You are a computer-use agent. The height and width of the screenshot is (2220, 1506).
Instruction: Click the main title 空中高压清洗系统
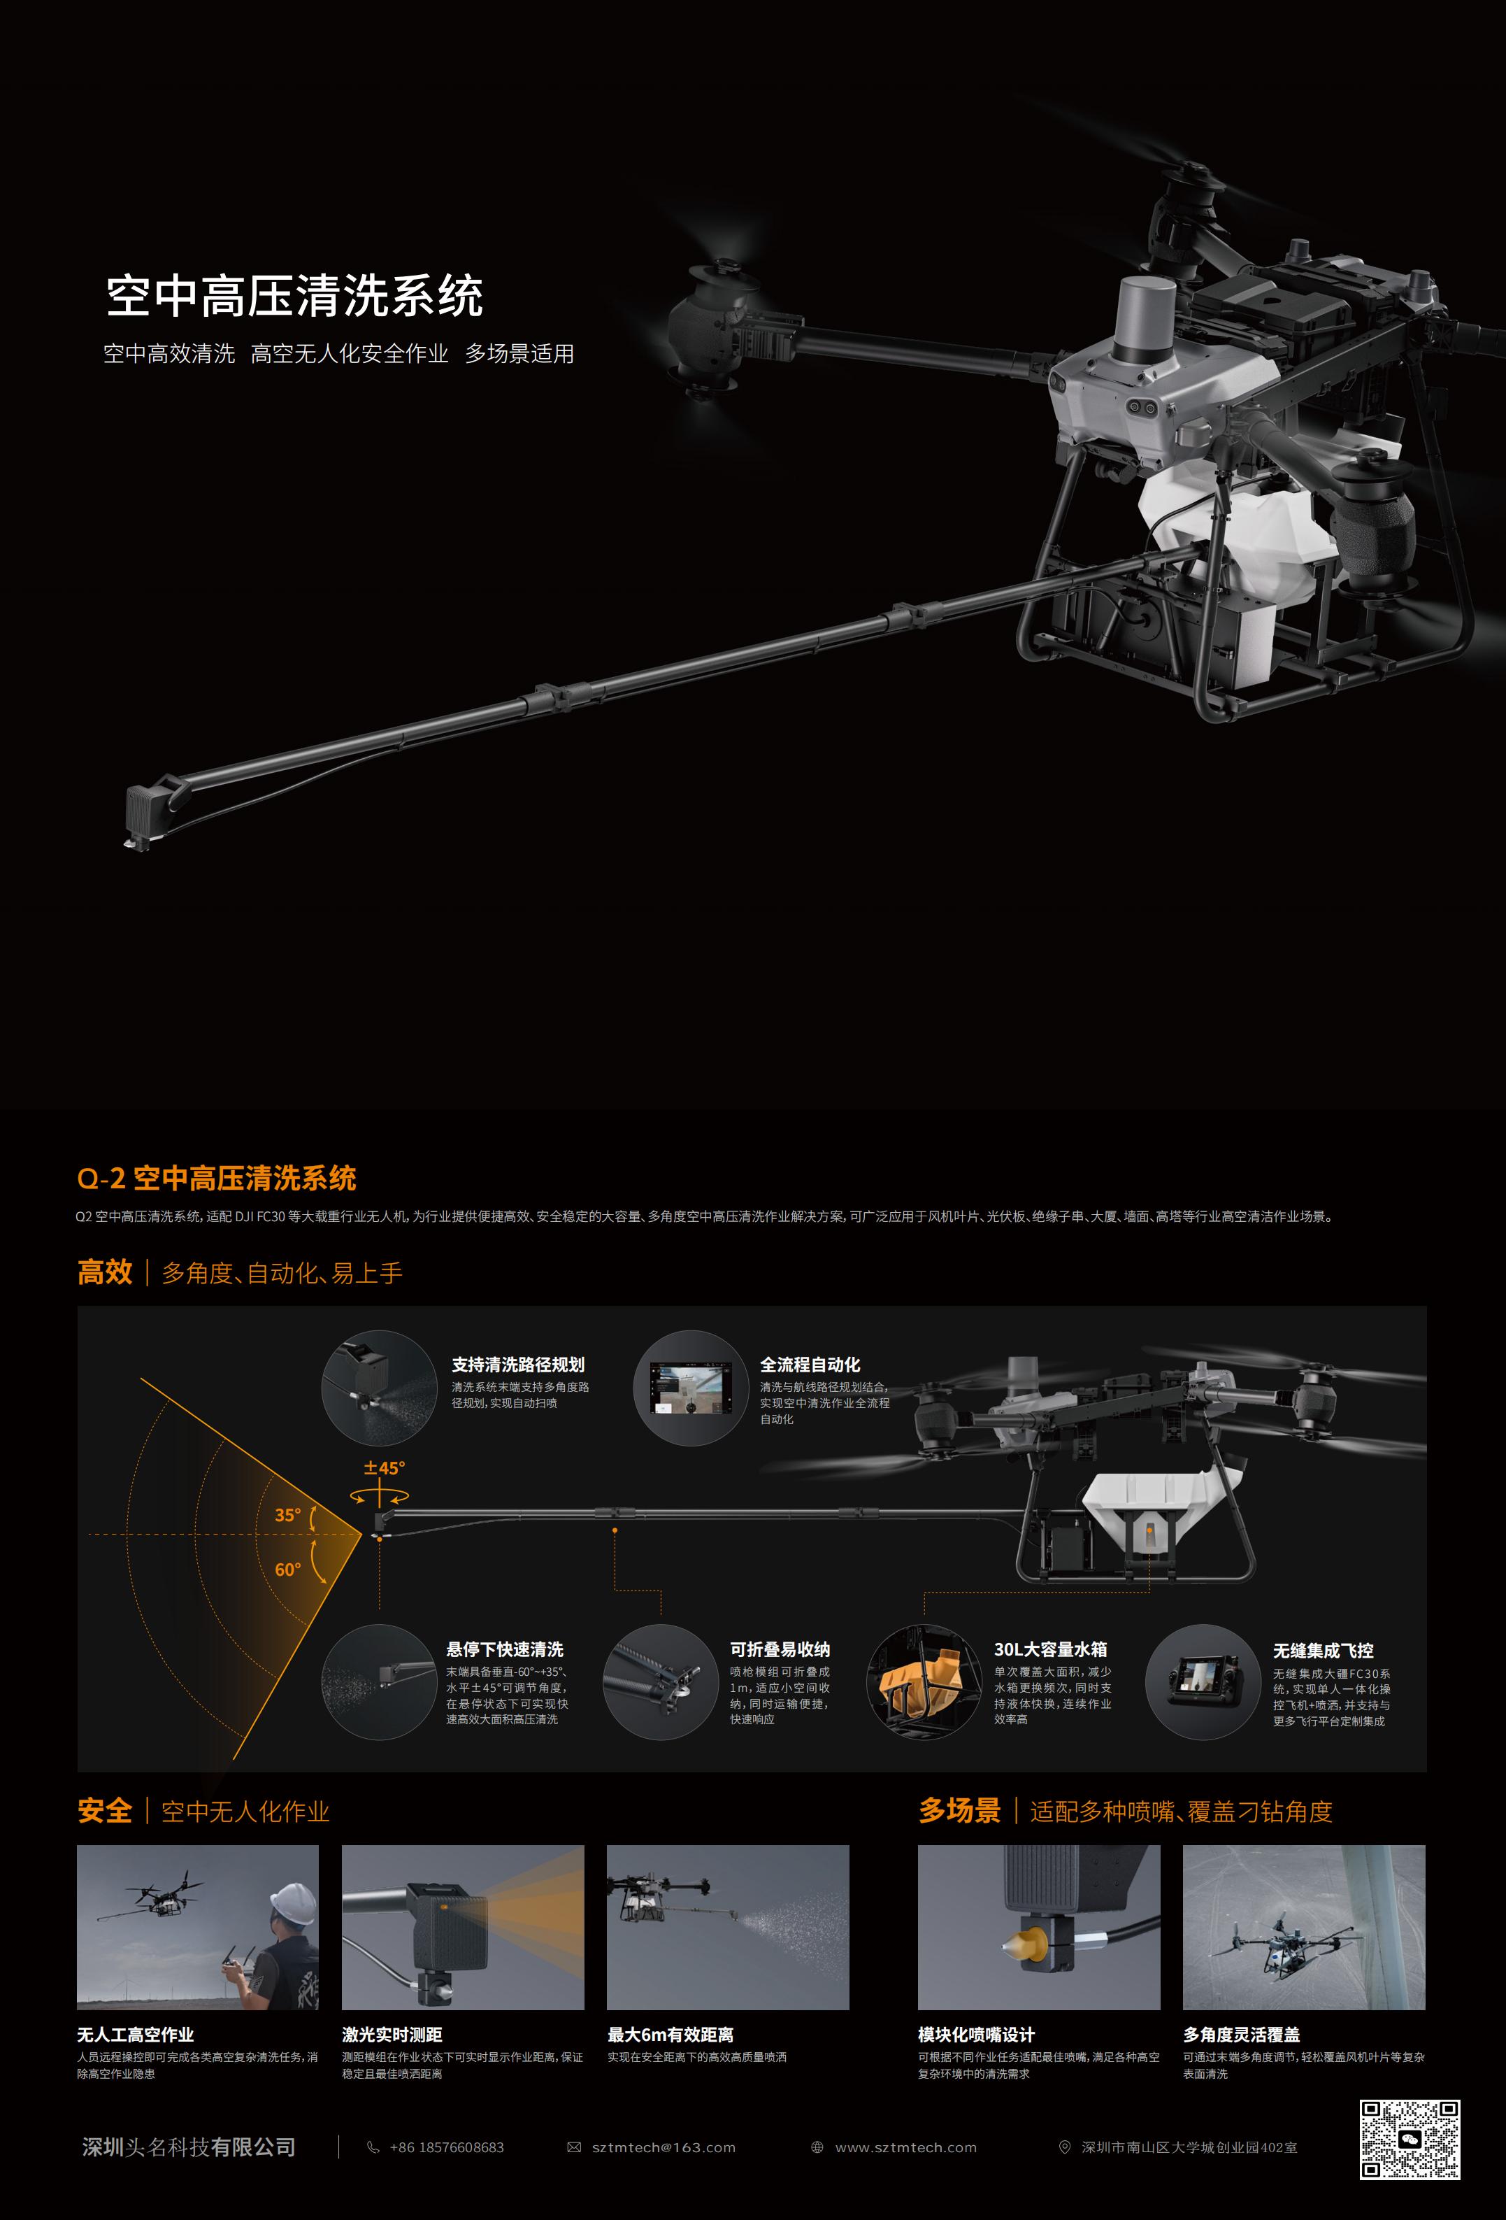coord(294,296)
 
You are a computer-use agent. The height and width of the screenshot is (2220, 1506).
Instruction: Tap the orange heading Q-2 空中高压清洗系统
coord(217,1179)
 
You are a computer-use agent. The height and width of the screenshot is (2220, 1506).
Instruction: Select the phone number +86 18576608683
coord(446,2147)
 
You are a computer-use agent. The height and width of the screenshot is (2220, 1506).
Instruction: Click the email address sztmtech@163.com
coord(664,2147)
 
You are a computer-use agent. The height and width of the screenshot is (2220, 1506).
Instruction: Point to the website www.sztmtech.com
coord(906,2147)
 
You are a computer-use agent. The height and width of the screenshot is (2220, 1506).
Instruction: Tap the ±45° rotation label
coord(384,1467)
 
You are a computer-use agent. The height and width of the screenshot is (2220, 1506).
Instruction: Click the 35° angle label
coord(287,1515)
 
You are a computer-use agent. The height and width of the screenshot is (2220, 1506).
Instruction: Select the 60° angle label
coord(287,1570)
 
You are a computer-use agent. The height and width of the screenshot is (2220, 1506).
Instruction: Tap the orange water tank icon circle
coord(924,1681)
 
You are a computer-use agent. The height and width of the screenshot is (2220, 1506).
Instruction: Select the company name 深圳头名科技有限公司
coord(189,2147)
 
